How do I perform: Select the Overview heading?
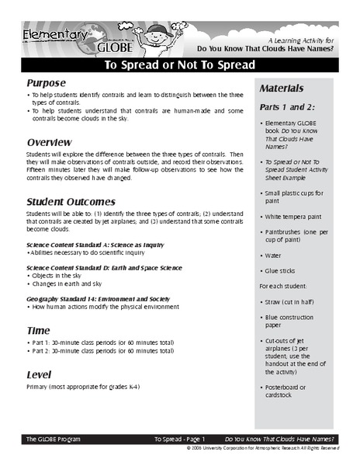(50, 143)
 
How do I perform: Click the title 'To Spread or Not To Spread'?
(179, 65)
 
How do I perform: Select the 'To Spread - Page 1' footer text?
(179, 439)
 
